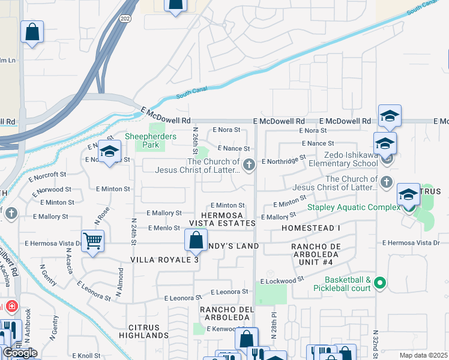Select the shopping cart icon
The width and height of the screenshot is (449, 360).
click(x=92, y=241)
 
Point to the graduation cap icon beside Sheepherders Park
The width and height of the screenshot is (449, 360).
click(x=109, y=152)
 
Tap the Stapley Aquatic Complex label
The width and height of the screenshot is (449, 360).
click(x=354, y=207)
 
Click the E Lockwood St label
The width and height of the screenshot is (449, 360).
click(x=286, y=280)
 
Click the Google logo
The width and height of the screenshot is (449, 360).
click(x=19, y=353)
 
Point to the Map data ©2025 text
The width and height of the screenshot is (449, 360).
click(x=424, y=355)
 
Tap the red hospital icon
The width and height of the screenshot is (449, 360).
click(x=11, y=307)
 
